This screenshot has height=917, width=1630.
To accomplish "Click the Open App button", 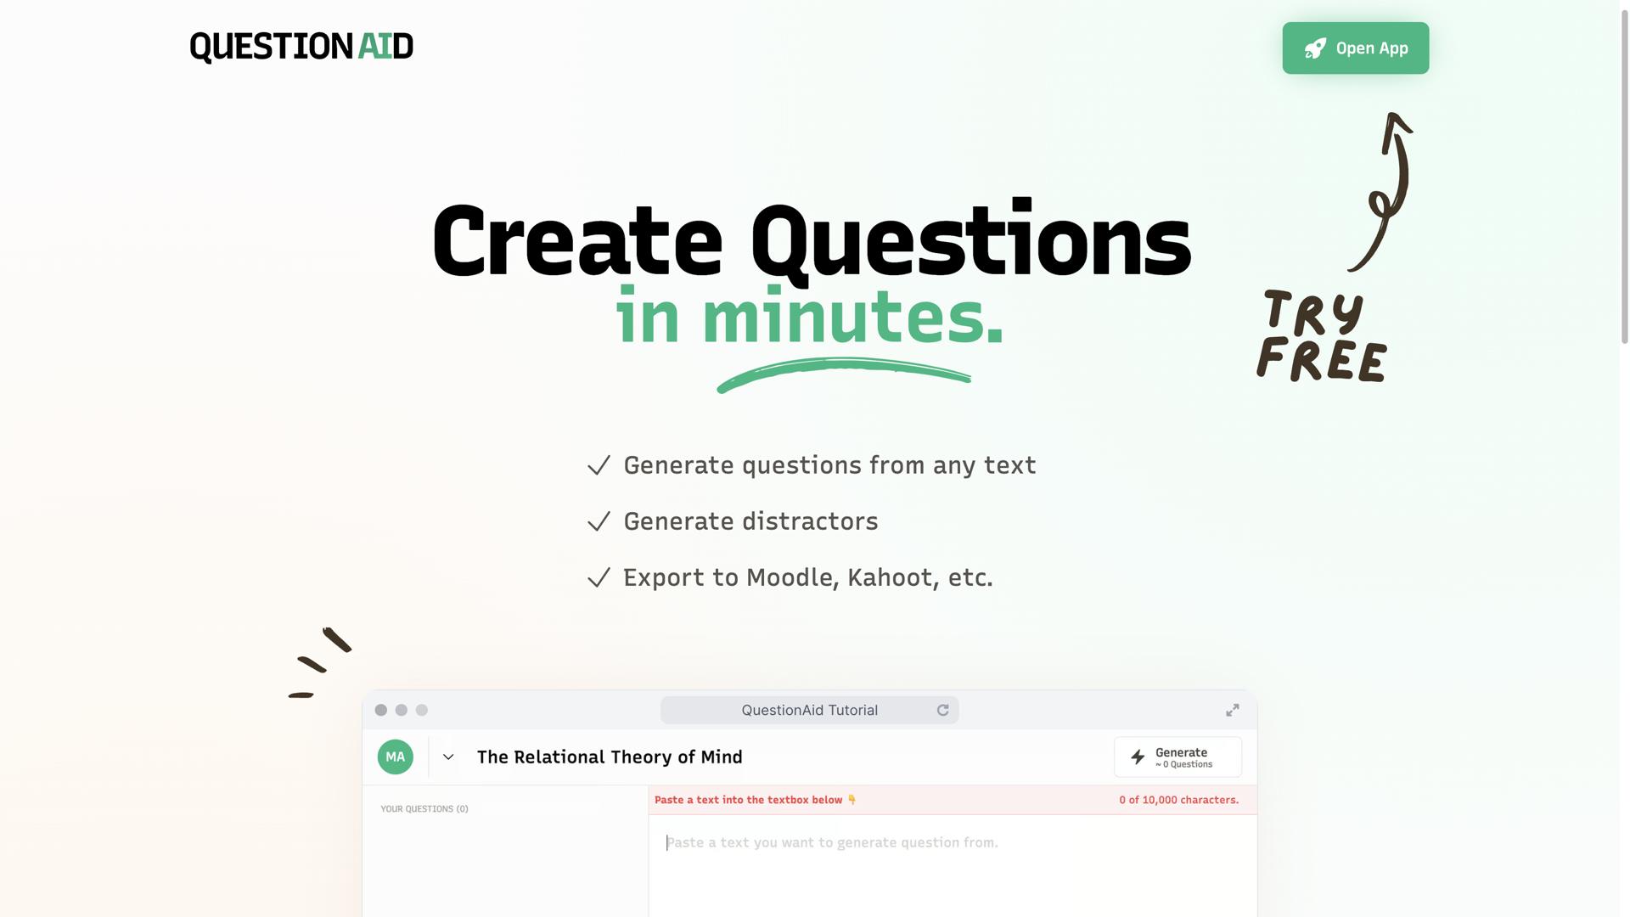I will click(1355, 48).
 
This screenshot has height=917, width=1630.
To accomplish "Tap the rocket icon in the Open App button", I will click(1315, 48).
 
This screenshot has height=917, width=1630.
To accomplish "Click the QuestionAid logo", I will click(301, 47).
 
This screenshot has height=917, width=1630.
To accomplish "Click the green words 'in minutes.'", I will click(810, 318).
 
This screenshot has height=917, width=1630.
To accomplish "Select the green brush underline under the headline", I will click(843, 373).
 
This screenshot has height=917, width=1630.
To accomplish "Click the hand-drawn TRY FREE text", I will click(1321, 337).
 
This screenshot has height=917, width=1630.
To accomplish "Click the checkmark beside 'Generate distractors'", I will click(599, 521).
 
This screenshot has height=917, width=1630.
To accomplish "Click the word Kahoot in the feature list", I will click(890, 577).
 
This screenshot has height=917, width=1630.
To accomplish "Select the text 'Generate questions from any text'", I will click(829, 465).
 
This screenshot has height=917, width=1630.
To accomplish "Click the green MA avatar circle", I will click(396, 757).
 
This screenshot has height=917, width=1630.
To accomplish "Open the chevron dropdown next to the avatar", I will click(448, 757).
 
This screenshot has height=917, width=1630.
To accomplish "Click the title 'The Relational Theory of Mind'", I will click(610, 757).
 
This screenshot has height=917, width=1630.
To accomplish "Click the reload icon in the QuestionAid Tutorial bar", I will click(942, 710).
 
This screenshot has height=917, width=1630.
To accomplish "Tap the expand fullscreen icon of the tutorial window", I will click(1232, 710).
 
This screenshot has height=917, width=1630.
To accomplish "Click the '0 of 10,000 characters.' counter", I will click(1178, 800).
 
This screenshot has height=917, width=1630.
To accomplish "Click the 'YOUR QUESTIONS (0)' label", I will click(424, 808).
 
